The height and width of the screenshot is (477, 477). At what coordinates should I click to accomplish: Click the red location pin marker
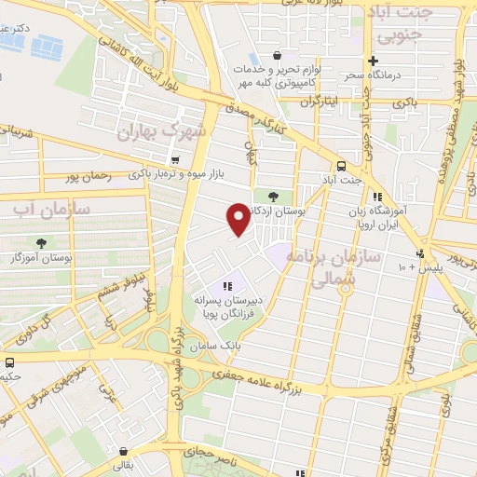pos(238,218)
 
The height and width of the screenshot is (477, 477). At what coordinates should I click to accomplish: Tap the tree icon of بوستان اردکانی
pos(273,196)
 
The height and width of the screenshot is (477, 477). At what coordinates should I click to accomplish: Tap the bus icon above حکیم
pos(9,362)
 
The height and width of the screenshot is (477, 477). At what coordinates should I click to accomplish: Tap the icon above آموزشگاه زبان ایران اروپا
pos(376,197)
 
